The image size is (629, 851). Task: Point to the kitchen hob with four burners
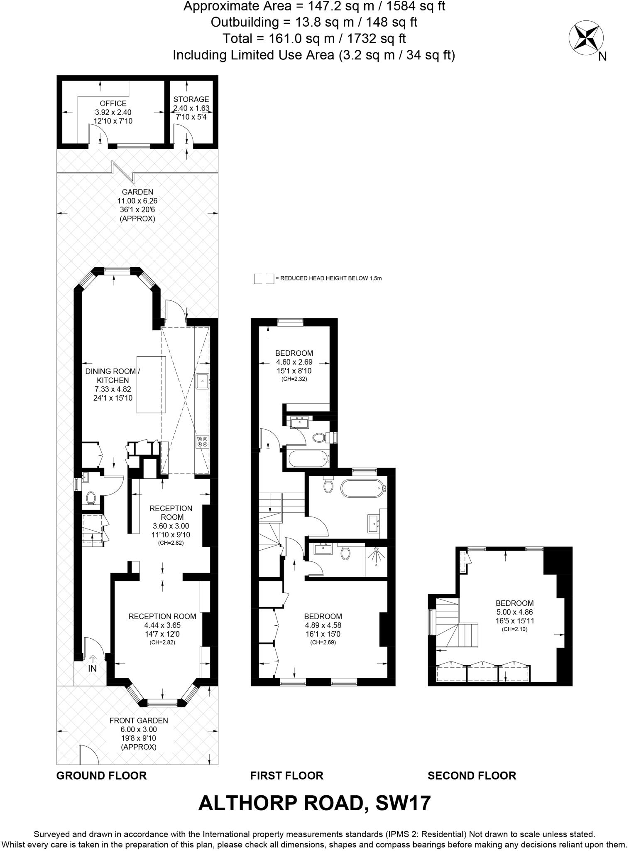tap(203, 441)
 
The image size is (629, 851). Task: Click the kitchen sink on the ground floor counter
tap(202, 381)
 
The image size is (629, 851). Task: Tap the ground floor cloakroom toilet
tap(91, 498)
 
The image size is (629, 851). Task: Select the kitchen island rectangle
tap(151, 384)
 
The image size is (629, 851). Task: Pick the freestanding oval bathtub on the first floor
tap(362, 488)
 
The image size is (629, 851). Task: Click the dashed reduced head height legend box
tap(264, 278)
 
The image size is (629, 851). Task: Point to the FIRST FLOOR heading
tap(286, 775)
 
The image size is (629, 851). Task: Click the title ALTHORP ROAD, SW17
tap(314, 803)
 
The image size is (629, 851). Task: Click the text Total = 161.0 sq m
tap(314, 38)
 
